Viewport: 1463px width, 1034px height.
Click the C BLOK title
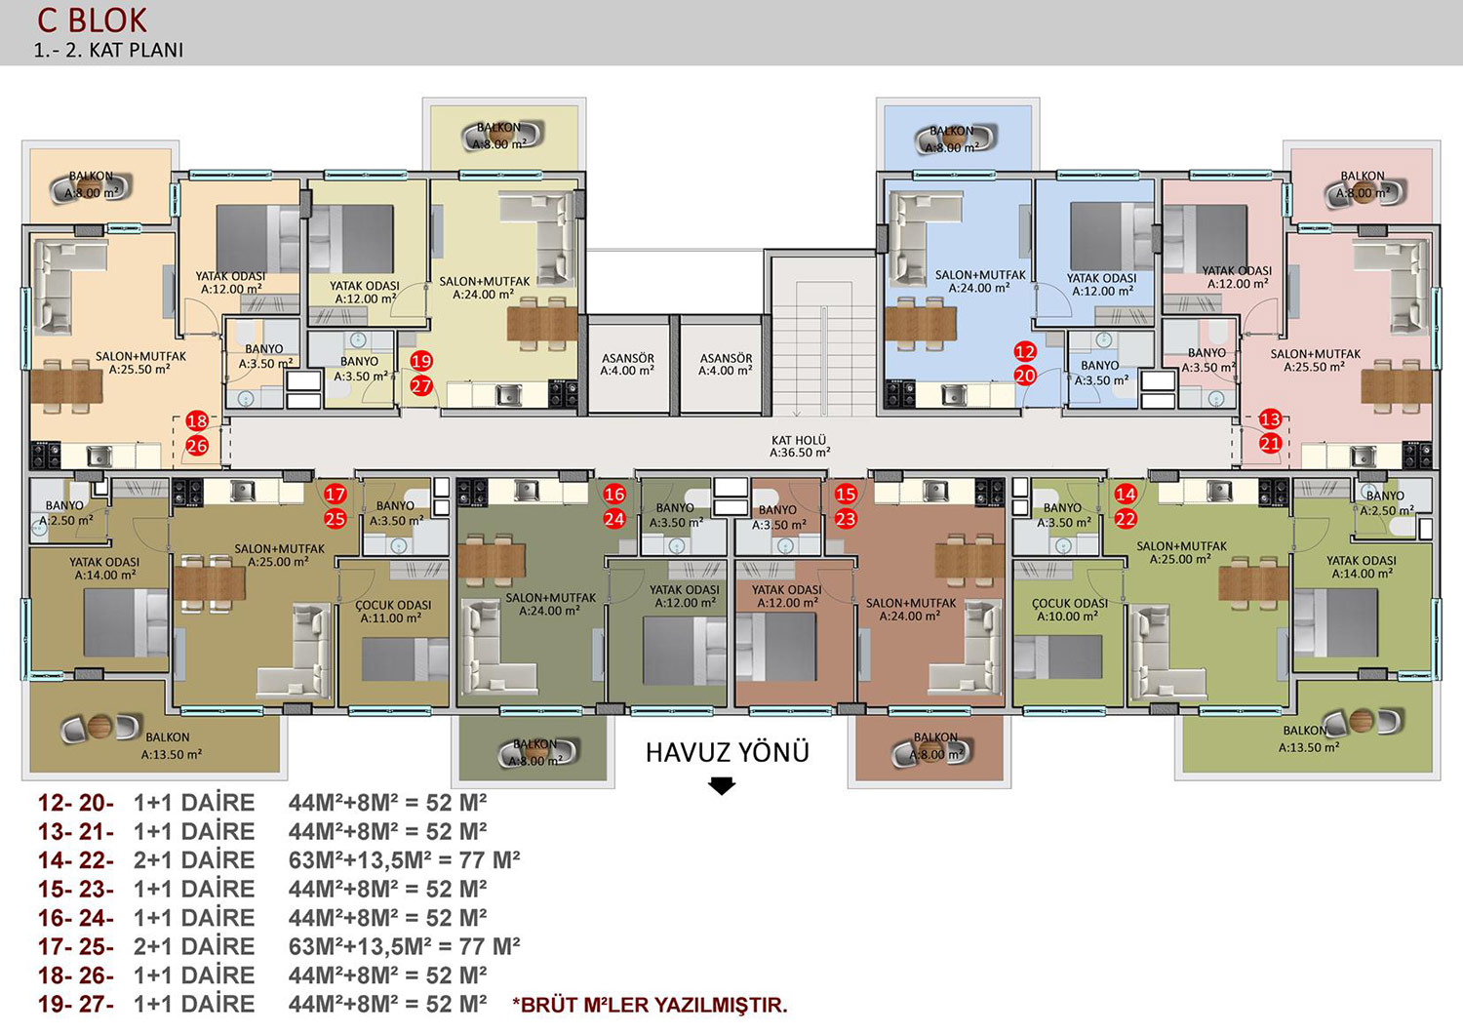[92, 20]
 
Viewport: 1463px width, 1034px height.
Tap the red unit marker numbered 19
[421, 361]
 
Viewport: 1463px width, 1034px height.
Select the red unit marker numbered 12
[1025, 351]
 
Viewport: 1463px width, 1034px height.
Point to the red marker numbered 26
[197, 446]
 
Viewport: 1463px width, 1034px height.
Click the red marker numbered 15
[846, 494]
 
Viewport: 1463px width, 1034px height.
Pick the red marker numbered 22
[1126, 519]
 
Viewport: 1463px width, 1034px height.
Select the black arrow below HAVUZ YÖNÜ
[722, 786]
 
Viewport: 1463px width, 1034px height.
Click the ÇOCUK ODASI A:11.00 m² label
[392, 612]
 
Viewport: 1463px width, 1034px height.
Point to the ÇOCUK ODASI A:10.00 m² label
[1069, 610]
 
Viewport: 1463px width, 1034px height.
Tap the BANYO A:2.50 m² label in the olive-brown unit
[65, 513]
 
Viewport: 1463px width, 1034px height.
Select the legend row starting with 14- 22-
[279, 859]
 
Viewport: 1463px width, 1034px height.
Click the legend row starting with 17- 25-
[279, 946]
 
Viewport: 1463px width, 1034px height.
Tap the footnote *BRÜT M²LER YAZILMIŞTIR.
[650, 1005]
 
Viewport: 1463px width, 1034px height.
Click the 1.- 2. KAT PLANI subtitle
[109, 51]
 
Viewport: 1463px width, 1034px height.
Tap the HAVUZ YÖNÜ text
[728, 752]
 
